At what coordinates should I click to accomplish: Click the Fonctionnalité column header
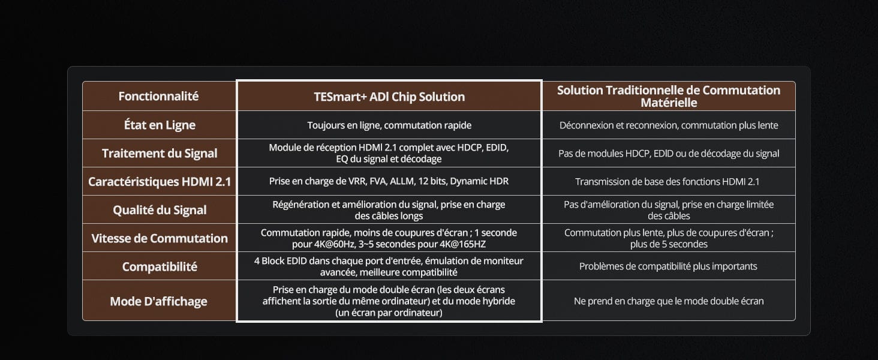(159, 96)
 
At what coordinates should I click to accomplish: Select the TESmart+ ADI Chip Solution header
(389, 97)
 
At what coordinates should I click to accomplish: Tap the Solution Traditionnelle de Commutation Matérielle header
(669, 96)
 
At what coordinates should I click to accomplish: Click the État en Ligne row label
(160, 125)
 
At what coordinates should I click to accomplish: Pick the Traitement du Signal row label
(160, 154)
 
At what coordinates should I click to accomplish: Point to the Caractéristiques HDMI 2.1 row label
(160, 182)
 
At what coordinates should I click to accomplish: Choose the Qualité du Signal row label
(160, 210)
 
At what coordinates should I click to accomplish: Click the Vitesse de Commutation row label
(160, 238)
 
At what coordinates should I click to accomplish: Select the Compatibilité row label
(160, 266)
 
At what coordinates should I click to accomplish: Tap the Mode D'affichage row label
(159, 301)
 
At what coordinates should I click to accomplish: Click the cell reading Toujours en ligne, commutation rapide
(389, 125)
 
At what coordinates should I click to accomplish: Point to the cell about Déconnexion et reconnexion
(669, 125)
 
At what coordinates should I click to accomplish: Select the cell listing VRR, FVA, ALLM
(389, 181)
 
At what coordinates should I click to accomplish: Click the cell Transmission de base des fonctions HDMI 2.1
(667, 182)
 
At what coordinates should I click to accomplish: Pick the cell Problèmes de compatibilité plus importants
(668, 266)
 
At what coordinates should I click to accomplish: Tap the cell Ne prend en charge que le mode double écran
(669, 301)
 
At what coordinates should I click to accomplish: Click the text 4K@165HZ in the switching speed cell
(463, 244)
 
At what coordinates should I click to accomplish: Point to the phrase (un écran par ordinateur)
(389, 313)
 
